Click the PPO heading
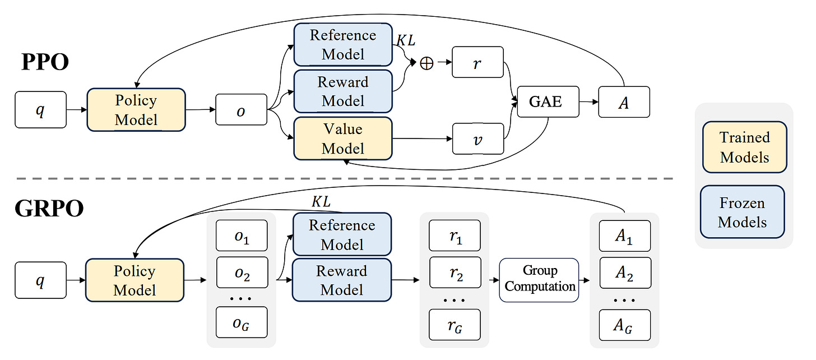click(x=45, y=62)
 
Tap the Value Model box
click(x=343, y=139)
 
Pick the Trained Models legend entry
click(x=744, y=147)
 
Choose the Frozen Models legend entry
click(x=742, y=213)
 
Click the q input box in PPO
click(x=40, y=110)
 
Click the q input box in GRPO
click(x=40, y=281)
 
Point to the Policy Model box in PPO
click(x=136, y=110)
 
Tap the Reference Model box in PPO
click(x=343, y=45)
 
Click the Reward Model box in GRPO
click(x=342, y=280)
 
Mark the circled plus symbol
click(x=426, y=63)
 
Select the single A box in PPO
click(x=624, y=101)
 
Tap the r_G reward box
click(x=455, y=324)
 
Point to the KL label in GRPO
click(x=321, y=202)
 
